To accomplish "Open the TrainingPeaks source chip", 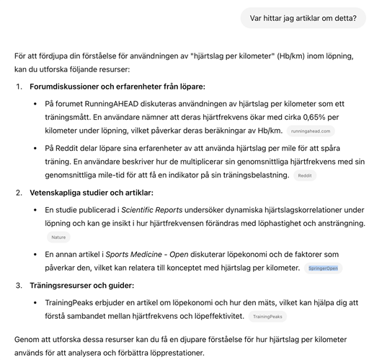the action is point(267,316).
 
